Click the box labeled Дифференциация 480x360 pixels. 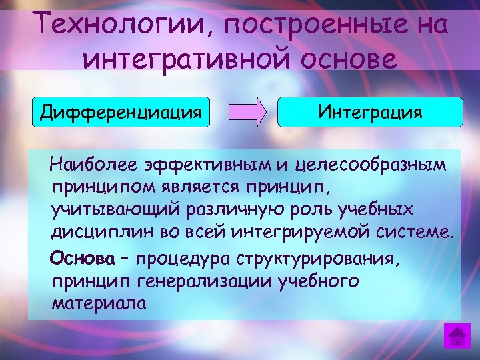tap(121, 111)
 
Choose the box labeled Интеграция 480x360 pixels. tap(369, 111)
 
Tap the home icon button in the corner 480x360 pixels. tap(457, 335)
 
